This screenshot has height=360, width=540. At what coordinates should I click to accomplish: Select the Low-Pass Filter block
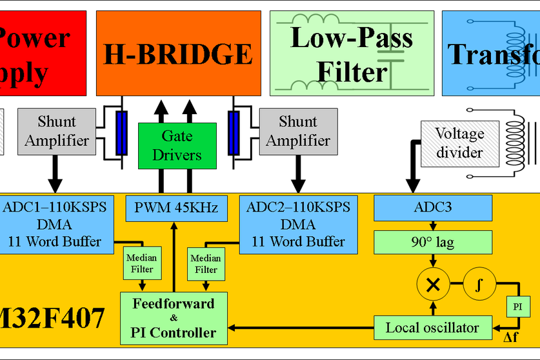(x=351, y=52)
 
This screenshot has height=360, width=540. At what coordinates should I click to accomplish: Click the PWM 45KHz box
(x=176, y=208)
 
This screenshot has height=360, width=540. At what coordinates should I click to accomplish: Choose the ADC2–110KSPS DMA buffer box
(x=297, y=224)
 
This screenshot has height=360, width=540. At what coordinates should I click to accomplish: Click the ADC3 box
(x=434, y=208)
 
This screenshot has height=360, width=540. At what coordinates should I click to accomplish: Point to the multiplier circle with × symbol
(x=434, y=283)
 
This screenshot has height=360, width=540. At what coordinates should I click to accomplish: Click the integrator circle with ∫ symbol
(x=477, y=283)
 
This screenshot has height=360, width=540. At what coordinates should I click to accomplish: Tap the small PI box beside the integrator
(x=517, y=305)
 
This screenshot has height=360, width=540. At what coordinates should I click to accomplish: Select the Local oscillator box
(x=433, y=328)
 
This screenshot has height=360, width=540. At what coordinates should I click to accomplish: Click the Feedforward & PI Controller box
(x=174, y=317)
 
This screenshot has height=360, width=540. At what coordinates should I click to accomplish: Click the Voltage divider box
(x=459, y=143)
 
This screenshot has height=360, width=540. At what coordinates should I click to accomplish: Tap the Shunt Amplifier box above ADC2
(x=297, y=131)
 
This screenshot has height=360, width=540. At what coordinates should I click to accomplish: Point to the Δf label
(x=511, y=337)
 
